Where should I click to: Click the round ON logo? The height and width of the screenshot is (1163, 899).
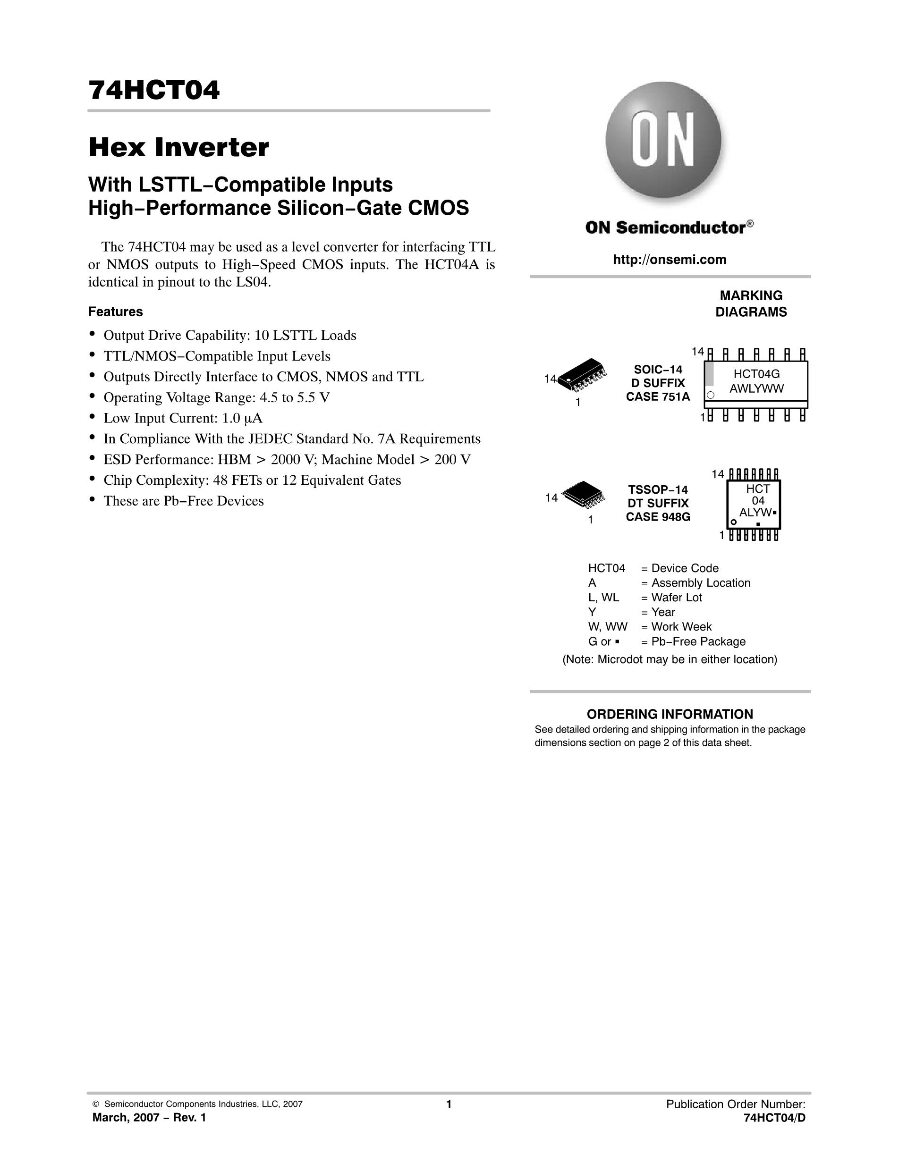coord(663,140)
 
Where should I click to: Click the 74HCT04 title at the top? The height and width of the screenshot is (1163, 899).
coord(154,90)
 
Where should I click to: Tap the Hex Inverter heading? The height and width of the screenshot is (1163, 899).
coord(178,148)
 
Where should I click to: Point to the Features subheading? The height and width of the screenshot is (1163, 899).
coord(116,312)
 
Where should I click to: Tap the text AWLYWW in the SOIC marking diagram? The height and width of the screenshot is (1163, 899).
coord(756,389)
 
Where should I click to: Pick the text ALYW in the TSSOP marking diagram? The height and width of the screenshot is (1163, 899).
coord(755,512)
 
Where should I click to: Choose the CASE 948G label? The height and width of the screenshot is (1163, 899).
coord(658,517)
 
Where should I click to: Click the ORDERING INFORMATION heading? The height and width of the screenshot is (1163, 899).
coord(670,714)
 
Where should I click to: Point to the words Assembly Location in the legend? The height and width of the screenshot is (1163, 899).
coord(701,582)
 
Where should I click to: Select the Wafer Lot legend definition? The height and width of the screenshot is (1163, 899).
coord(677,598)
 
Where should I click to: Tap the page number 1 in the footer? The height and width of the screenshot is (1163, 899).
coord(449,1104)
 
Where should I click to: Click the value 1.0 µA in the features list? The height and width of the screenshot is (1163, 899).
coord(242,418)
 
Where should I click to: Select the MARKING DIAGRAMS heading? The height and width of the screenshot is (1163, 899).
coord(751,303)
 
